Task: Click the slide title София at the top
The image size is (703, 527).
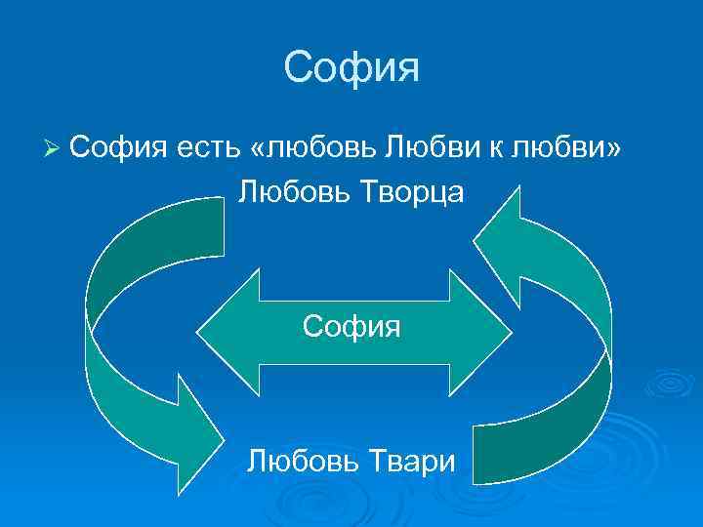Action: click(351, 68)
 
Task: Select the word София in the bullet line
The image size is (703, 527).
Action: click(120, 147)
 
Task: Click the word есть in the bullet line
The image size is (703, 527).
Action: click(210, 147)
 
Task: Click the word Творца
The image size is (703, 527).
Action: click(405, 192)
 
